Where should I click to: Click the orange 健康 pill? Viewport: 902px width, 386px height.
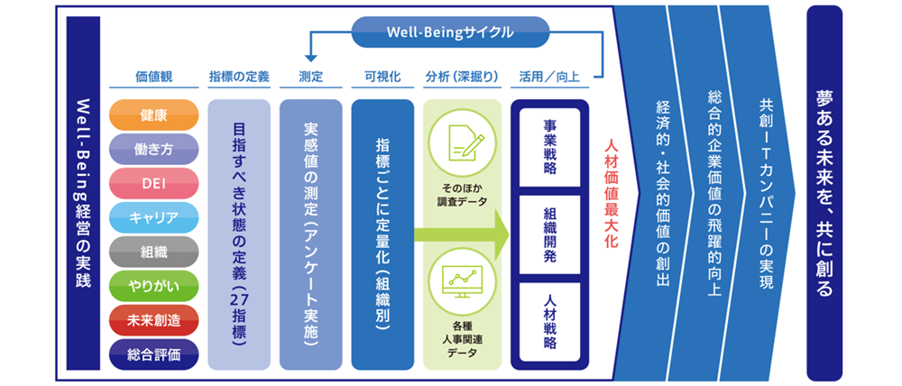click(152, 115)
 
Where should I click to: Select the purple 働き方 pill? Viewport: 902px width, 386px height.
click(152, 149)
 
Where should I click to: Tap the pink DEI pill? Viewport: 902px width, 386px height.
click(152, 183)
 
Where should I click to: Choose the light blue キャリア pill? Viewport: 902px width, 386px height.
click(152, 217)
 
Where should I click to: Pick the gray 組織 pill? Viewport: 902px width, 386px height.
click(152, 252)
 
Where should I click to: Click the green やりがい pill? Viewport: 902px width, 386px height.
click(152, 286)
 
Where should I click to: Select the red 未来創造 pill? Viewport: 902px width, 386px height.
click(152, 320)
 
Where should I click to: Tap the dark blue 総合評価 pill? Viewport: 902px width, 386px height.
click(152, 354)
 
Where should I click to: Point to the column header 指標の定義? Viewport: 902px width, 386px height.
click(238, 78)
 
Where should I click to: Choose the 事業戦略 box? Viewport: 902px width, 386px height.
click(549, 149)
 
